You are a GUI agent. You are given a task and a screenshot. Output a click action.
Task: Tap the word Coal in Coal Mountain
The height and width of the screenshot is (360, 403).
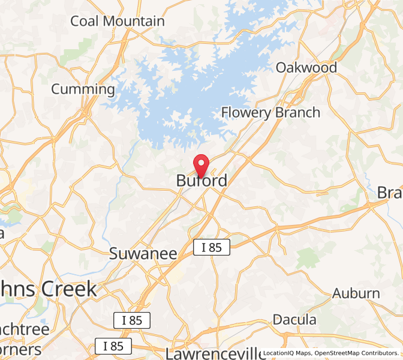coord(85,21)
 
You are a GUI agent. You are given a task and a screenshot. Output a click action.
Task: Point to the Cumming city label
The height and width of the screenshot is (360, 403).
coord(83,89)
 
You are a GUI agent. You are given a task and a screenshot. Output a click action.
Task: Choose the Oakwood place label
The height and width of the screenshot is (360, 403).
coord(306,67)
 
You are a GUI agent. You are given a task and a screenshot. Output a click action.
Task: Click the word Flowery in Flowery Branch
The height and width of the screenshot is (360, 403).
coord(246,113)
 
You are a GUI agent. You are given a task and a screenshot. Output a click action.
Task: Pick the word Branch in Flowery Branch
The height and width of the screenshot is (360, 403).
coord(297,113)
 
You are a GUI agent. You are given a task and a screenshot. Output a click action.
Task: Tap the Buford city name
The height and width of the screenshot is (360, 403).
coord(202,181)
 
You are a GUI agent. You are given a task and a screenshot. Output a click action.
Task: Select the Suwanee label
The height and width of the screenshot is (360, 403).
coord(143,254)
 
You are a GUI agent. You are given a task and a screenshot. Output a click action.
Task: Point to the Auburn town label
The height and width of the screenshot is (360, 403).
coord(356,293)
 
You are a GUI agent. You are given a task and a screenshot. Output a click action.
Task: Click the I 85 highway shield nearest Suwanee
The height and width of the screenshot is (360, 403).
coord(211,247)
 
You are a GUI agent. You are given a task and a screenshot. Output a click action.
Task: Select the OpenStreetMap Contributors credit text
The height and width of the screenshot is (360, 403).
coord(356,353)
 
